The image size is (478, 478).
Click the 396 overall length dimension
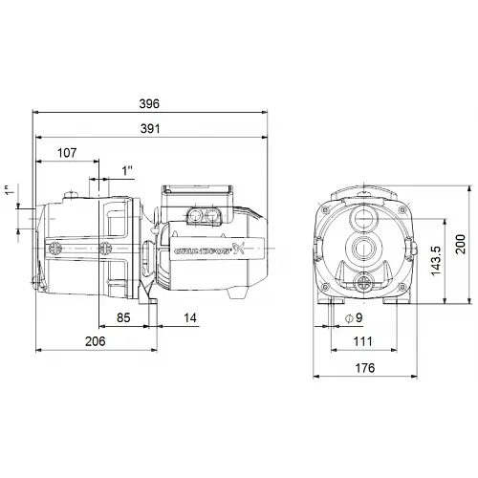pyautogui.click(x=148, y=103)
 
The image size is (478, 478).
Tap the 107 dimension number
pyautogui.click(x=67, y=153)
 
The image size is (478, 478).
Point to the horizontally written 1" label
pyautogui.click(x=128, y=169)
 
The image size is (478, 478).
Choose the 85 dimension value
pyautogui.click(x=123, y=317)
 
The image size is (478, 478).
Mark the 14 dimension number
pyautogui.click(x=191, y=317)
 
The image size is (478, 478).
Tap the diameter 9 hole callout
pyautogui.click(x=353, y=317)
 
